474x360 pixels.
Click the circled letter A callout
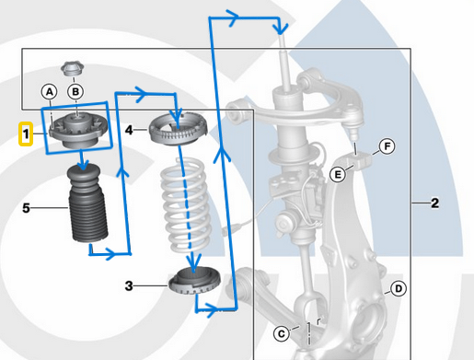tap(49, 91)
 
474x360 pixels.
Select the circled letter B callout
tap(75, 91)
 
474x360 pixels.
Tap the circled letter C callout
tap(282, 333)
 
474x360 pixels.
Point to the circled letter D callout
tap(399, 288)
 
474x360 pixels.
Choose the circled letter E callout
tap(338, 174)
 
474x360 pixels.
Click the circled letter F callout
tap(387, 146)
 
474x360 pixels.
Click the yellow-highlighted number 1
tap(26, 134)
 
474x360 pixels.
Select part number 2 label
tap(434, 203)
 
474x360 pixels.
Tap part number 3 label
tap(129, 286)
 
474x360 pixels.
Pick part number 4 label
tap(129, 130)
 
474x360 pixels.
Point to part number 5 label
tap(26, 208)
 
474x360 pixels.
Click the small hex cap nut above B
tap(73, 69)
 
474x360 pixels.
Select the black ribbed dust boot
tap(88, 203)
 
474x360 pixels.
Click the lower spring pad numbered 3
tap(194, 280)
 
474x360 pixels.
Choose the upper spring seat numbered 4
tap(178, 129)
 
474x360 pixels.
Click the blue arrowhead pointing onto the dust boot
tap(83, 165)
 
